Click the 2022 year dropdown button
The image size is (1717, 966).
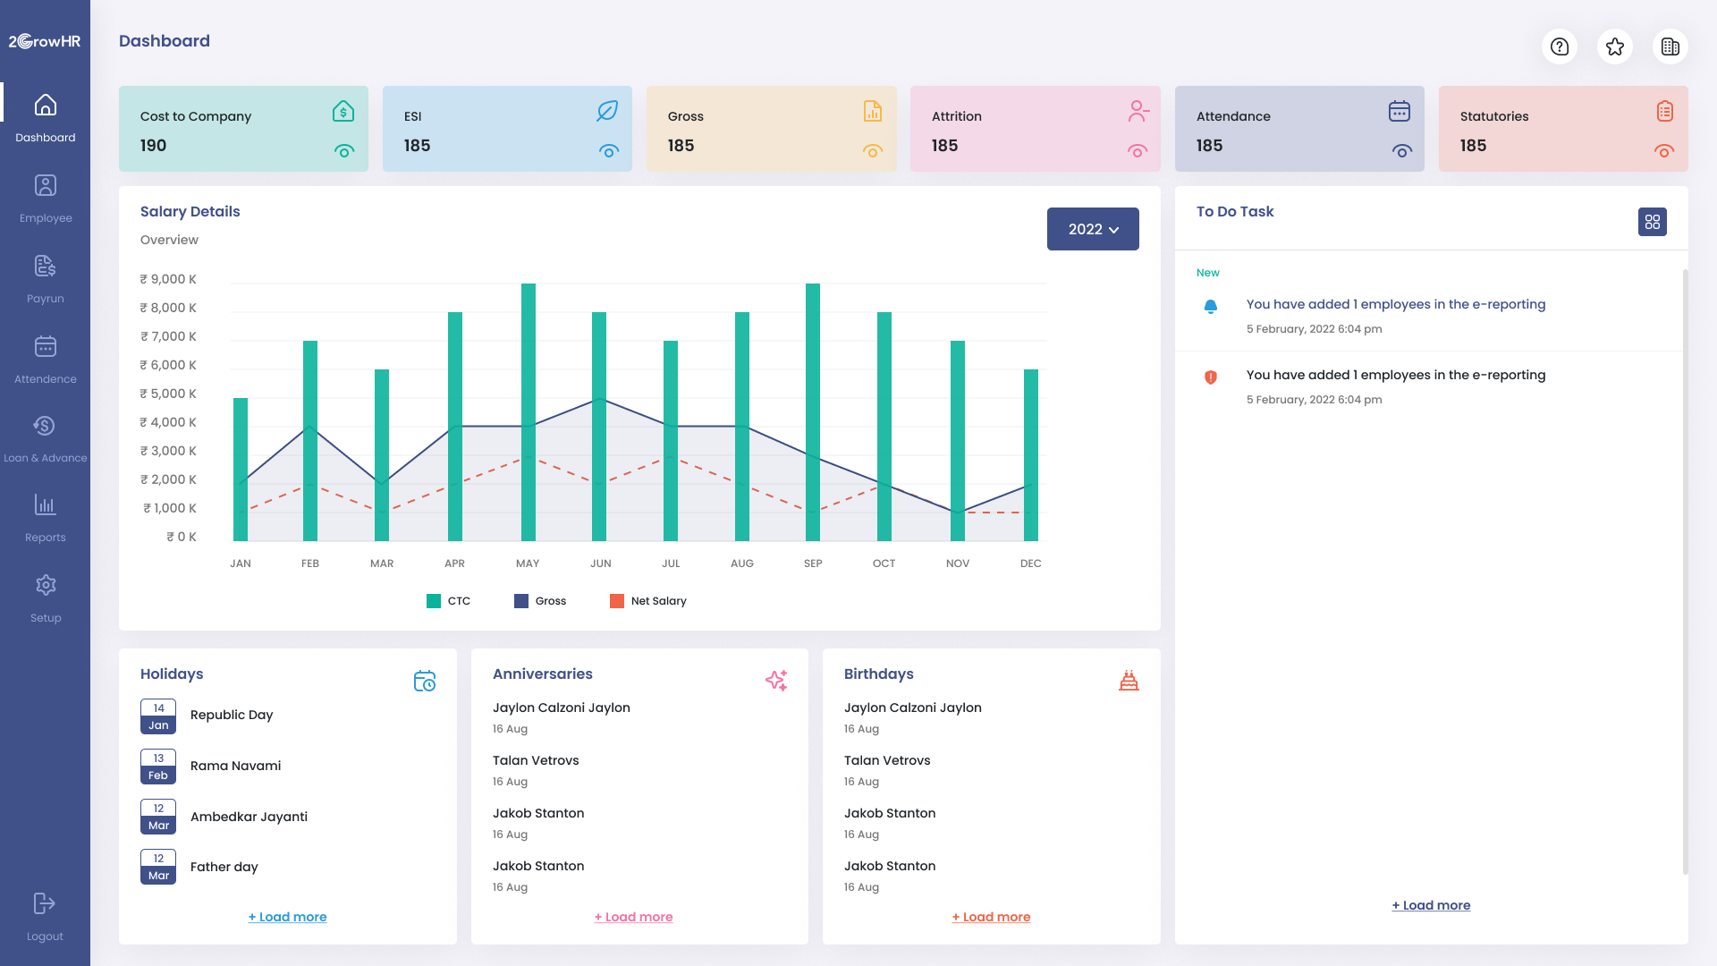pos(1092,229)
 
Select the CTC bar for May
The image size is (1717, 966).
pos(529,411)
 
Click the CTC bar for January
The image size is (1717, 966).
pos(241,469)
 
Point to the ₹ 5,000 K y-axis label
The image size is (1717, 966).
pos(168,394)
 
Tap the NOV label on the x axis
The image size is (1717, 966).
pos(957,563)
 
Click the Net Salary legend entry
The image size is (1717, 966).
pos(648,601)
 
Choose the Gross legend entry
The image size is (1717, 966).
pos(540,601)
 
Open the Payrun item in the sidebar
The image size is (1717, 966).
pos(45,278)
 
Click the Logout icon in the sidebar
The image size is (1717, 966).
pos(45,903)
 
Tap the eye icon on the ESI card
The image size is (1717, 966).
pos(609,151)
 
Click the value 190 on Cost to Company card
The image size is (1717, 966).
pos(153,146)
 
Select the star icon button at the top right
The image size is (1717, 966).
pos(1614,47)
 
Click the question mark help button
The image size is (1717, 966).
pos(1559,47)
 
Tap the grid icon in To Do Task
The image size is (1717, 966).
pos(1652,222)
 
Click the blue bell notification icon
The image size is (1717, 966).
pos(1210,307)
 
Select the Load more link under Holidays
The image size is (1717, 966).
pos(287,917)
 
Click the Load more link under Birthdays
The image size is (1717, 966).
pos(991,917)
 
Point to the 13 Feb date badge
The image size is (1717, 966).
pos(158,767)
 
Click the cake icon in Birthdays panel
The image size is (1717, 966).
pos(1129,681)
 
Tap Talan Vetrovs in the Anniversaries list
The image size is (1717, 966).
pos(536,760)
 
